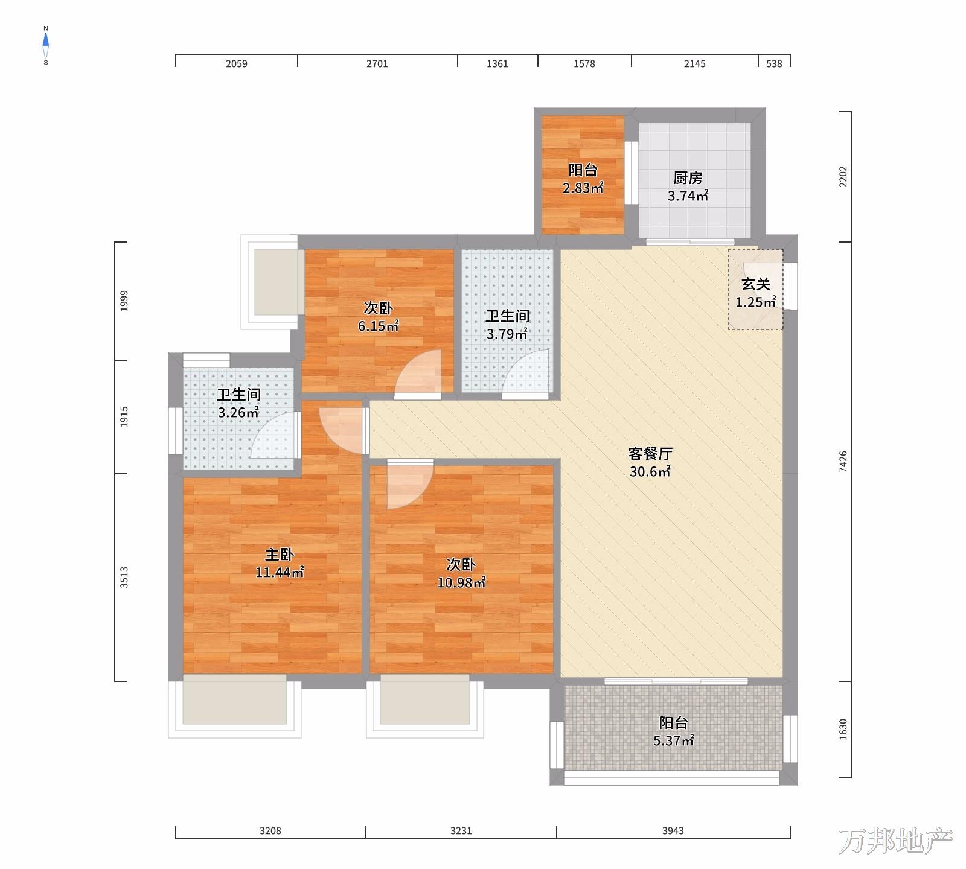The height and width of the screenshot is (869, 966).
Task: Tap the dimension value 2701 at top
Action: (377, 63)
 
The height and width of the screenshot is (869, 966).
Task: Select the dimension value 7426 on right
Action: (843, 462)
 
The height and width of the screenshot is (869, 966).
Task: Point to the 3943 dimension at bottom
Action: (673, 831)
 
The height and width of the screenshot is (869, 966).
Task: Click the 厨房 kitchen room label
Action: (688, 178)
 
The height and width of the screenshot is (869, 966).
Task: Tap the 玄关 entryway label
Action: (756, 284)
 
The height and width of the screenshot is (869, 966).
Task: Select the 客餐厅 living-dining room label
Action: (650, 454)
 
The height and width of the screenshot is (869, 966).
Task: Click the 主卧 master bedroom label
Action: (279, 554)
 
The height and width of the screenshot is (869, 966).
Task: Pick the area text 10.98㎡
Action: (461, 582)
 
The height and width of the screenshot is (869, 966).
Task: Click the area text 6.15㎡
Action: (379, 326)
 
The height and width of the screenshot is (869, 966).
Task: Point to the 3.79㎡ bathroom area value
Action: (507, 334)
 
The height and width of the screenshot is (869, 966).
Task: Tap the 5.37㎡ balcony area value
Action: (674, 740)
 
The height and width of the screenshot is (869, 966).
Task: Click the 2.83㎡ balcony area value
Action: (583, 188)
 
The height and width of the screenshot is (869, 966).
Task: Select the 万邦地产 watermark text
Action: (895, 841)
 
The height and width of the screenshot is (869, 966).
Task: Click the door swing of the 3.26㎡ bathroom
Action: (275, 436)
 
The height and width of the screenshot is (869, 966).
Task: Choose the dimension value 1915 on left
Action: (124, 417)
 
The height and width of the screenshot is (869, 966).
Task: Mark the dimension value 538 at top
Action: (774, 63)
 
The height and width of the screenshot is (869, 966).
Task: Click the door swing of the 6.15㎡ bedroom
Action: (418, 375)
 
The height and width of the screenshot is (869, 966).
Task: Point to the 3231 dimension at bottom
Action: (461, 831)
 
